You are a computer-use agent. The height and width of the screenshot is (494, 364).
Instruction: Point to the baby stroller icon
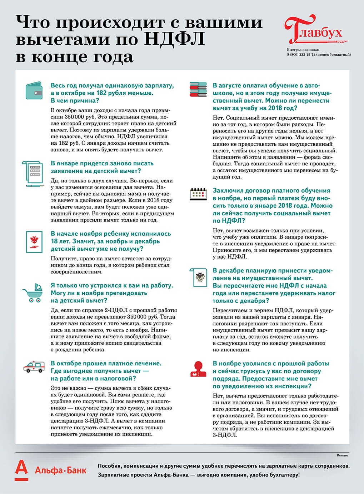[33, 293]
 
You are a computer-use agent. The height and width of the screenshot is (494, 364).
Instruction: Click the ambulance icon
[34, 367]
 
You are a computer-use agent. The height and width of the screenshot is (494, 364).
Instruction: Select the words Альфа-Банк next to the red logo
[60, 470]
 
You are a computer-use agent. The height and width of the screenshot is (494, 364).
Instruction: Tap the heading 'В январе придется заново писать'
[102, 163]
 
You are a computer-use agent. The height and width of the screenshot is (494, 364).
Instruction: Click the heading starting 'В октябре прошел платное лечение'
[106, 363]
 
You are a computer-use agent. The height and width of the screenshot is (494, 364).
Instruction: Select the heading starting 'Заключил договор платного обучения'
[271, 191]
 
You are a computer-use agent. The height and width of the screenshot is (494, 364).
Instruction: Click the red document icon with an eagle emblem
[35, 241]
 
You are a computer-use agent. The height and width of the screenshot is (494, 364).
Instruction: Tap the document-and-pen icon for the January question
[34, 173]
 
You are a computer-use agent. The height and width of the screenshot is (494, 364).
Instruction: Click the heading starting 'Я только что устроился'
[111, 285]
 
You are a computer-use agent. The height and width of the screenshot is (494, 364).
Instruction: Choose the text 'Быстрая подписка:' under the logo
[303, 50]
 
